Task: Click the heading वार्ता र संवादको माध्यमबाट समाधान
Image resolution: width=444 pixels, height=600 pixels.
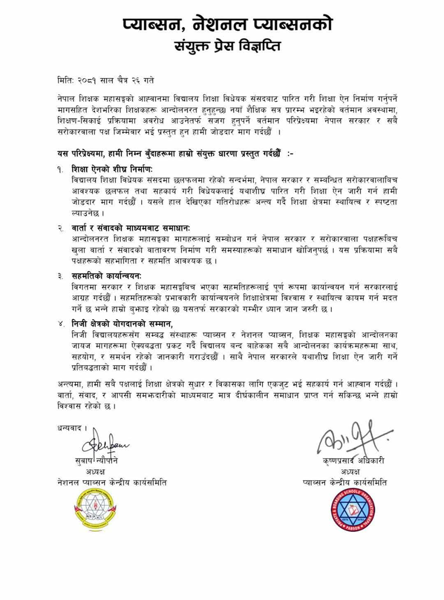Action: pos(131,227)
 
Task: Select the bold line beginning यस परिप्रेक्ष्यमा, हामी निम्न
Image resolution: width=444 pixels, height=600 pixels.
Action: pos(175,153)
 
